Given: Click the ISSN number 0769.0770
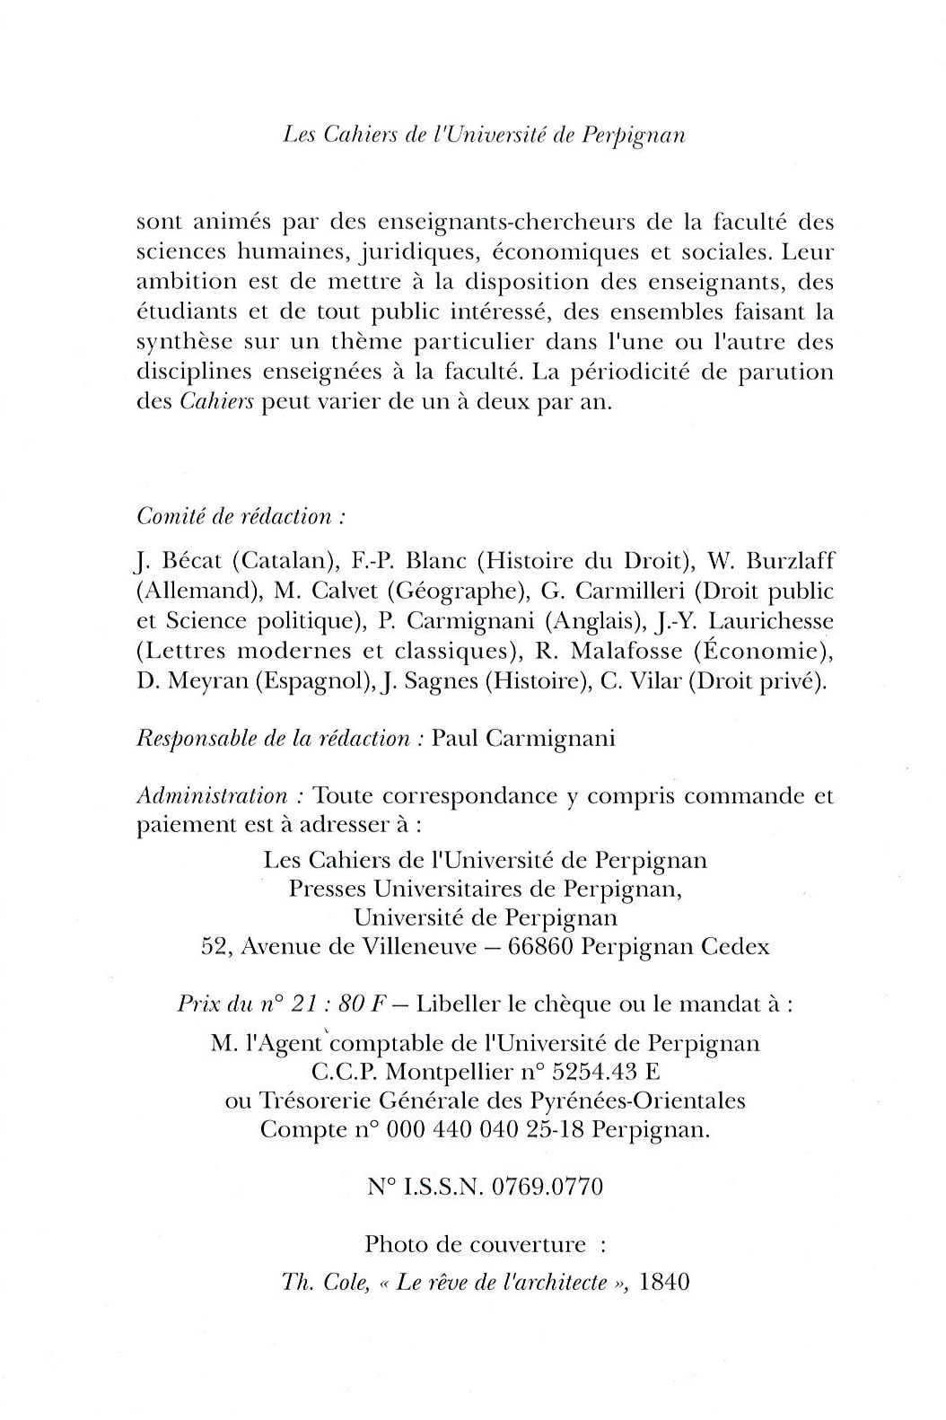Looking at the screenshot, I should point(547,1186).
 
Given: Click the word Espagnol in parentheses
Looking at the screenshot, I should point(311,681).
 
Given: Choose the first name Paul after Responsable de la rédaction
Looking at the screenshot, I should point(455,738).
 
